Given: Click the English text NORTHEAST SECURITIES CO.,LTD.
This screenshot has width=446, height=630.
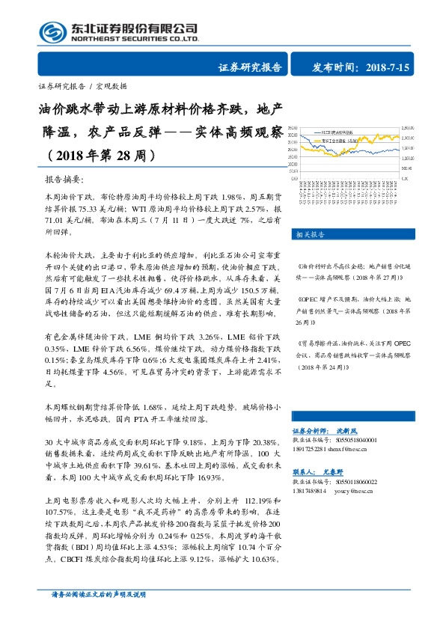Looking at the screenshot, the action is point(134,38).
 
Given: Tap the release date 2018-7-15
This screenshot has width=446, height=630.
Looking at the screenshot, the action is point(390,68).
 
